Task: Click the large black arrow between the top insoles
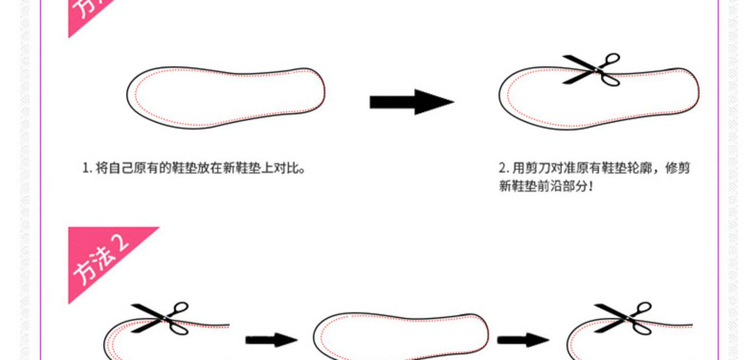[411, 101]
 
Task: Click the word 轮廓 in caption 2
[638, 168]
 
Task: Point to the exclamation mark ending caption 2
[591, 186]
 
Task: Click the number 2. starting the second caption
[503, 168]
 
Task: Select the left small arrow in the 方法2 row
[271, 340]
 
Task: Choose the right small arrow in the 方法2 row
[523, 340]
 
